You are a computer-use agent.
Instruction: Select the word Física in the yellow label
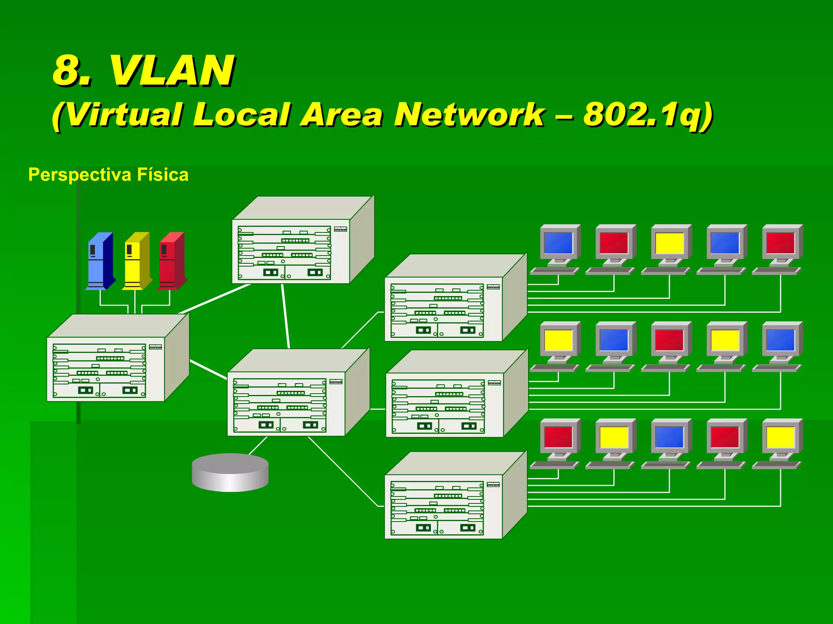click(x=163, y=175)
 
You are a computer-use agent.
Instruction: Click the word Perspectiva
click(x=80, y=175)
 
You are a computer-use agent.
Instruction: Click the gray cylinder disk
click(x=230, y=472)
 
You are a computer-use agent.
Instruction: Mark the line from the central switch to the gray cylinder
click(x=257, y=446)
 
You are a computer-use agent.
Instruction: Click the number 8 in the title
click(x=67, y=71)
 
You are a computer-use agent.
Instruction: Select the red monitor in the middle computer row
click(x=669, y=340)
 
